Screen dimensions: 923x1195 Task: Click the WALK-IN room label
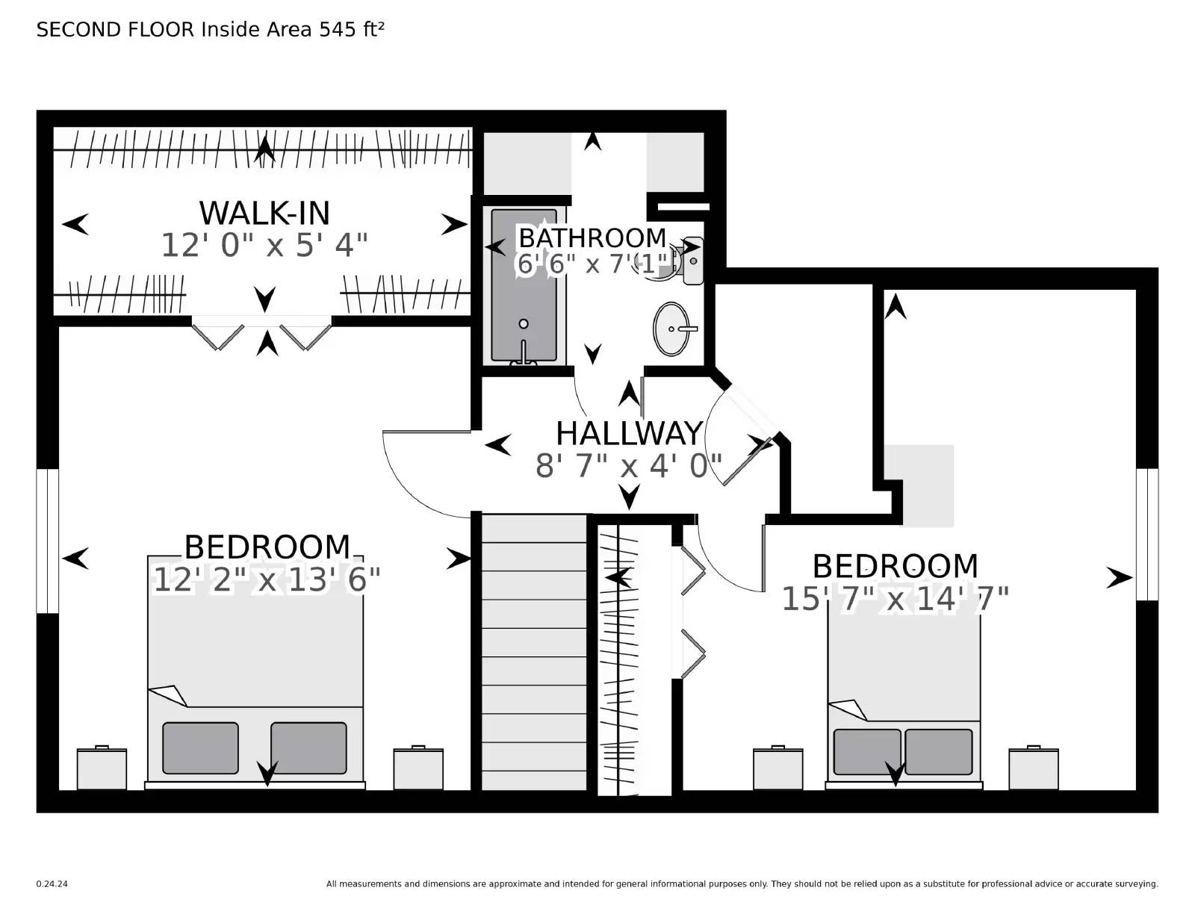264,214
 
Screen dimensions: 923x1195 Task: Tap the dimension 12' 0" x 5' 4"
264,245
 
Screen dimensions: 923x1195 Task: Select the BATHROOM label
592,237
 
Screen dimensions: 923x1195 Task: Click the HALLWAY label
629,434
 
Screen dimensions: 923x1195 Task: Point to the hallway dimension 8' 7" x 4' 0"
629,466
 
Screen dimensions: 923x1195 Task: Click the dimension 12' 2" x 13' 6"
267,579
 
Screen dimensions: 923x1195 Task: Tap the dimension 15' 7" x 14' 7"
895,598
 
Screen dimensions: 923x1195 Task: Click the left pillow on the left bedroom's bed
200,748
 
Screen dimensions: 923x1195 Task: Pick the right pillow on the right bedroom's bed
938,751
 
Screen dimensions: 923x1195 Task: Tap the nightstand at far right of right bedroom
1033,768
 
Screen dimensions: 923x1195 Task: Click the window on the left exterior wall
48,541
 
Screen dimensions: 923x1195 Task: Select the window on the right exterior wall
1146,534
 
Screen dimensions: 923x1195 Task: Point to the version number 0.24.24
52,884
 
